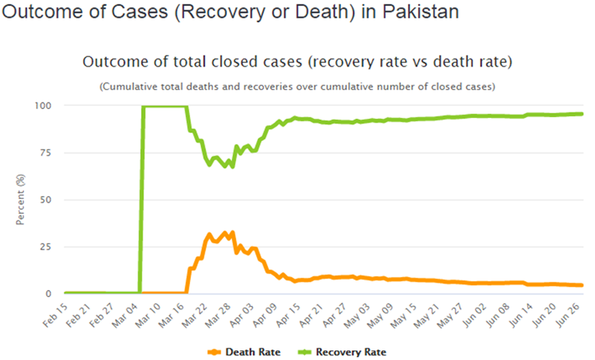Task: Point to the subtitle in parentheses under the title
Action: click(x=297, y=87)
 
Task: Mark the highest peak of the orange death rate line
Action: click(x=233, y=232)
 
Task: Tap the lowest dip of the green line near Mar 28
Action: click(x=233, y=167)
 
